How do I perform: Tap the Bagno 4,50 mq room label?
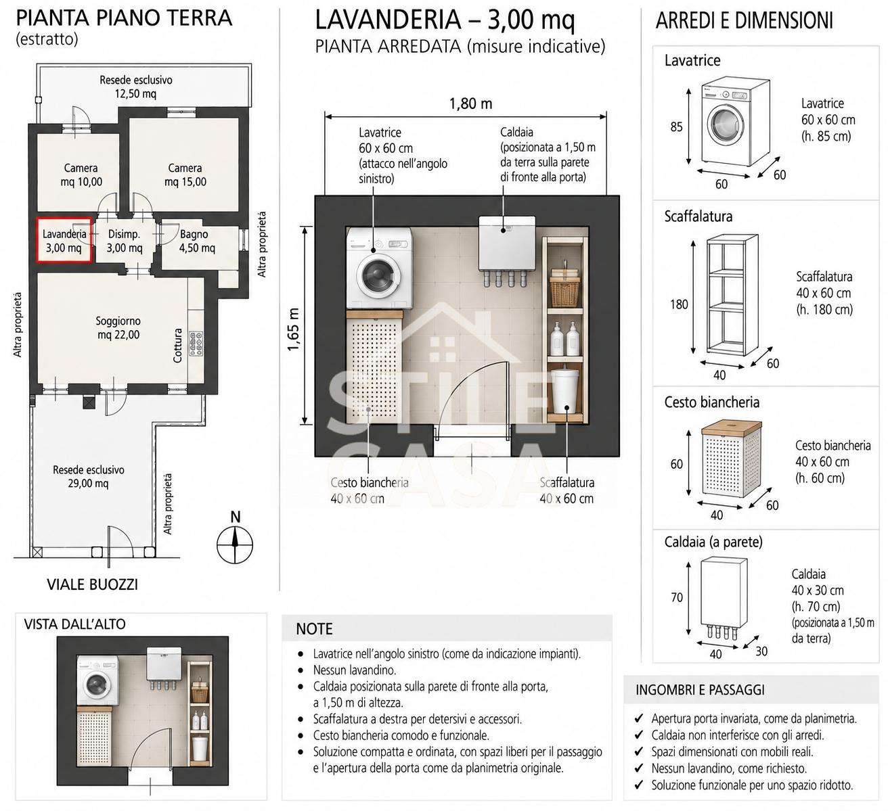tap(196, 241)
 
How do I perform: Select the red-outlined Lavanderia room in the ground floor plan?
tap(64, 240)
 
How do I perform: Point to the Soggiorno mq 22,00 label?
tap(118, 328)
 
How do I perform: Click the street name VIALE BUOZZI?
tap(93, 584)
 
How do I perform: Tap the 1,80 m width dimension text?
tap(470, 103)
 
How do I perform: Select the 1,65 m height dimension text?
tap(294, 329)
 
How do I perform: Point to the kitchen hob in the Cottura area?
tap(196, 344)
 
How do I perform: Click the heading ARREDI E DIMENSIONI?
tap(744, 21)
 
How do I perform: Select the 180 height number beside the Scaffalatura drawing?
tap(679, 304)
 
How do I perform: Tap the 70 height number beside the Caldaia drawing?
tap(677, 597)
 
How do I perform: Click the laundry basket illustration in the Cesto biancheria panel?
tap(731, 459)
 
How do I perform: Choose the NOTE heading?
tap(314, 629)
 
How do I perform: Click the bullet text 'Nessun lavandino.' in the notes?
tap(354, 670)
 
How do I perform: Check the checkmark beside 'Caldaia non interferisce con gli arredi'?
tap(638, 735)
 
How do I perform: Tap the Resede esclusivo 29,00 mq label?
tap(89, 476)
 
